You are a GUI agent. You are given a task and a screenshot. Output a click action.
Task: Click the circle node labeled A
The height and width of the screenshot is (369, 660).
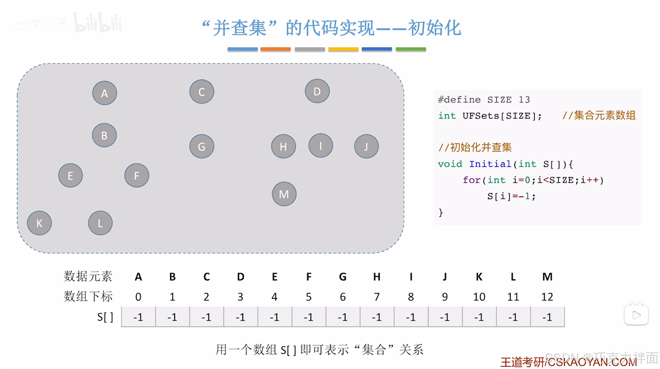105,93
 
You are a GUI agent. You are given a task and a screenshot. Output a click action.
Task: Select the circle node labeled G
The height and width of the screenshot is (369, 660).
201,147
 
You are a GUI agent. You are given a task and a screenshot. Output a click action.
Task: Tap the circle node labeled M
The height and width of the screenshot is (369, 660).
284,194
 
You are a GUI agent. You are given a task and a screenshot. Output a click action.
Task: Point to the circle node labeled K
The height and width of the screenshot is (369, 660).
40,223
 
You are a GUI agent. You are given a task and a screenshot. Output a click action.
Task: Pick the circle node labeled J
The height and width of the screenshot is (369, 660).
366,147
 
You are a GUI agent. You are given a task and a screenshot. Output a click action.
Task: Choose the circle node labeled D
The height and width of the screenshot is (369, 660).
317,91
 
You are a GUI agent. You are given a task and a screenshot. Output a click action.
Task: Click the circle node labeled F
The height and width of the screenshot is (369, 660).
137,176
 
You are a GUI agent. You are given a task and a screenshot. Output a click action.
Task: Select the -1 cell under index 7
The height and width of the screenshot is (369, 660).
377,317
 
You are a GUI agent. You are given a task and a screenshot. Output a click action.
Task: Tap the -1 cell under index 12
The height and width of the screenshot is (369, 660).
547,317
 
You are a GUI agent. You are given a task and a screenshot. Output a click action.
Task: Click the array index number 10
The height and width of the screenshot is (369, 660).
479,297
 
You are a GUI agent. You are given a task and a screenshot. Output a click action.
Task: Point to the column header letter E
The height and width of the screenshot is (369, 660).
275,277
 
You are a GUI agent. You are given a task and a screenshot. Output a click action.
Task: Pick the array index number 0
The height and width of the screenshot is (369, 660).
138,297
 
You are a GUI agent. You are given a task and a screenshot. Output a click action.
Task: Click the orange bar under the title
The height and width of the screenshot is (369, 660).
275,49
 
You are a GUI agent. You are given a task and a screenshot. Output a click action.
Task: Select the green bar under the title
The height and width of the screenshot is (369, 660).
411,49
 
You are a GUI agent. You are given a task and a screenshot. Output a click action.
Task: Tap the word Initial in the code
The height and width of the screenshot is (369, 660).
490,164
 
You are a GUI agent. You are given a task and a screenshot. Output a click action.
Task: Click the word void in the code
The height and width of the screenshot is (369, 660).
450,164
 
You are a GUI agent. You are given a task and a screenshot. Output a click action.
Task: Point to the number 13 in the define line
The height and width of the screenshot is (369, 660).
524,100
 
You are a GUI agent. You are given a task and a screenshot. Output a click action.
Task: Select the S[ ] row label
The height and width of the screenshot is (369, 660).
105,317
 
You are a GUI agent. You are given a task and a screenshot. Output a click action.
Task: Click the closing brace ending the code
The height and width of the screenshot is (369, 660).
441,212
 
